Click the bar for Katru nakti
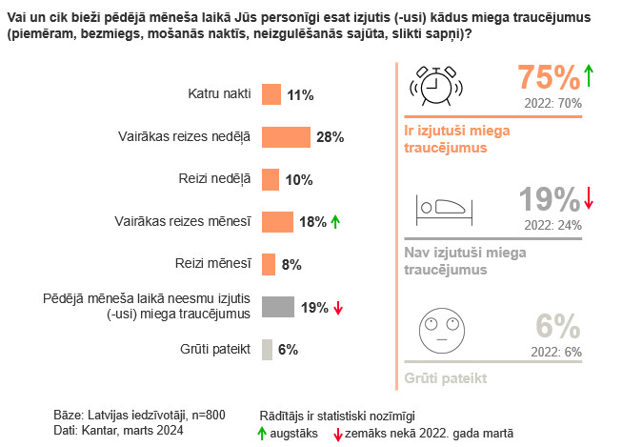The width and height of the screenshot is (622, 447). pos(271,94)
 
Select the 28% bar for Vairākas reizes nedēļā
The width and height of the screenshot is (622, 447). pos(286,136)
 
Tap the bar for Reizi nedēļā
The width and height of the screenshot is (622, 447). pos(270,179)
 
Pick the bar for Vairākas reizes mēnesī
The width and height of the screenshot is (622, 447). pos(277,221)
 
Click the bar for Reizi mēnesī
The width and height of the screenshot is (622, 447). pos(268,264)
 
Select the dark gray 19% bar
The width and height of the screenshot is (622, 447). pos(277,306)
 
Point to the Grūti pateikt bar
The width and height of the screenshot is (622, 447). pos(267,349)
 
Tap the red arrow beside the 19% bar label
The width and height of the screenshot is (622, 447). pos(338,307)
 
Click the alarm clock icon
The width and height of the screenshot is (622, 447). pos(431,85)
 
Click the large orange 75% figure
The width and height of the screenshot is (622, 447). pos(548,78)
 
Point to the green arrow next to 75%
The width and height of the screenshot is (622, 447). pos(589,75)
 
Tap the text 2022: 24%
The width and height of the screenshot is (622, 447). pos(552,225)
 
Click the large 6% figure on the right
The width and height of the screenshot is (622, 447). pos(558,326)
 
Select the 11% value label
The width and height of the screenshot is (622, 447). pos(300,95)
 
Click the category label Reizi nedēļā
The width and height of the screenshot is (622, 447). pos(215,179)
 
